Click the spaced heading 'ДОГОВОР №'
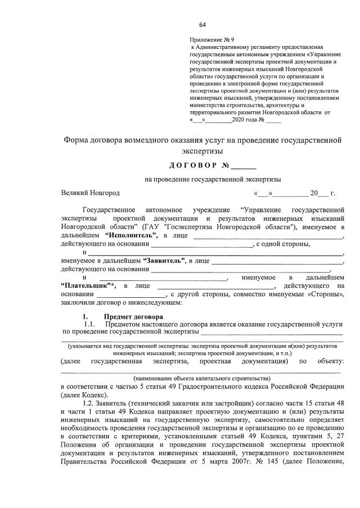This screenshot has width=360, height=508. tap(201, 166)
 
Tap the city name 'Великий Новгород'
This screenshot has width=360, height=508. tap(91, 193)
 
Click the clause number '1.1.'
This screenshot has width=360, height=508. tap(91, 325)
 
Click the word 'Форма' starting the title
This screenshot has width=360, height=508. tap(78, 140)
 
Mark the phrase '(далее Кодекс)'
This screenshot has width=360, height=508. tap(82, 395)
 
